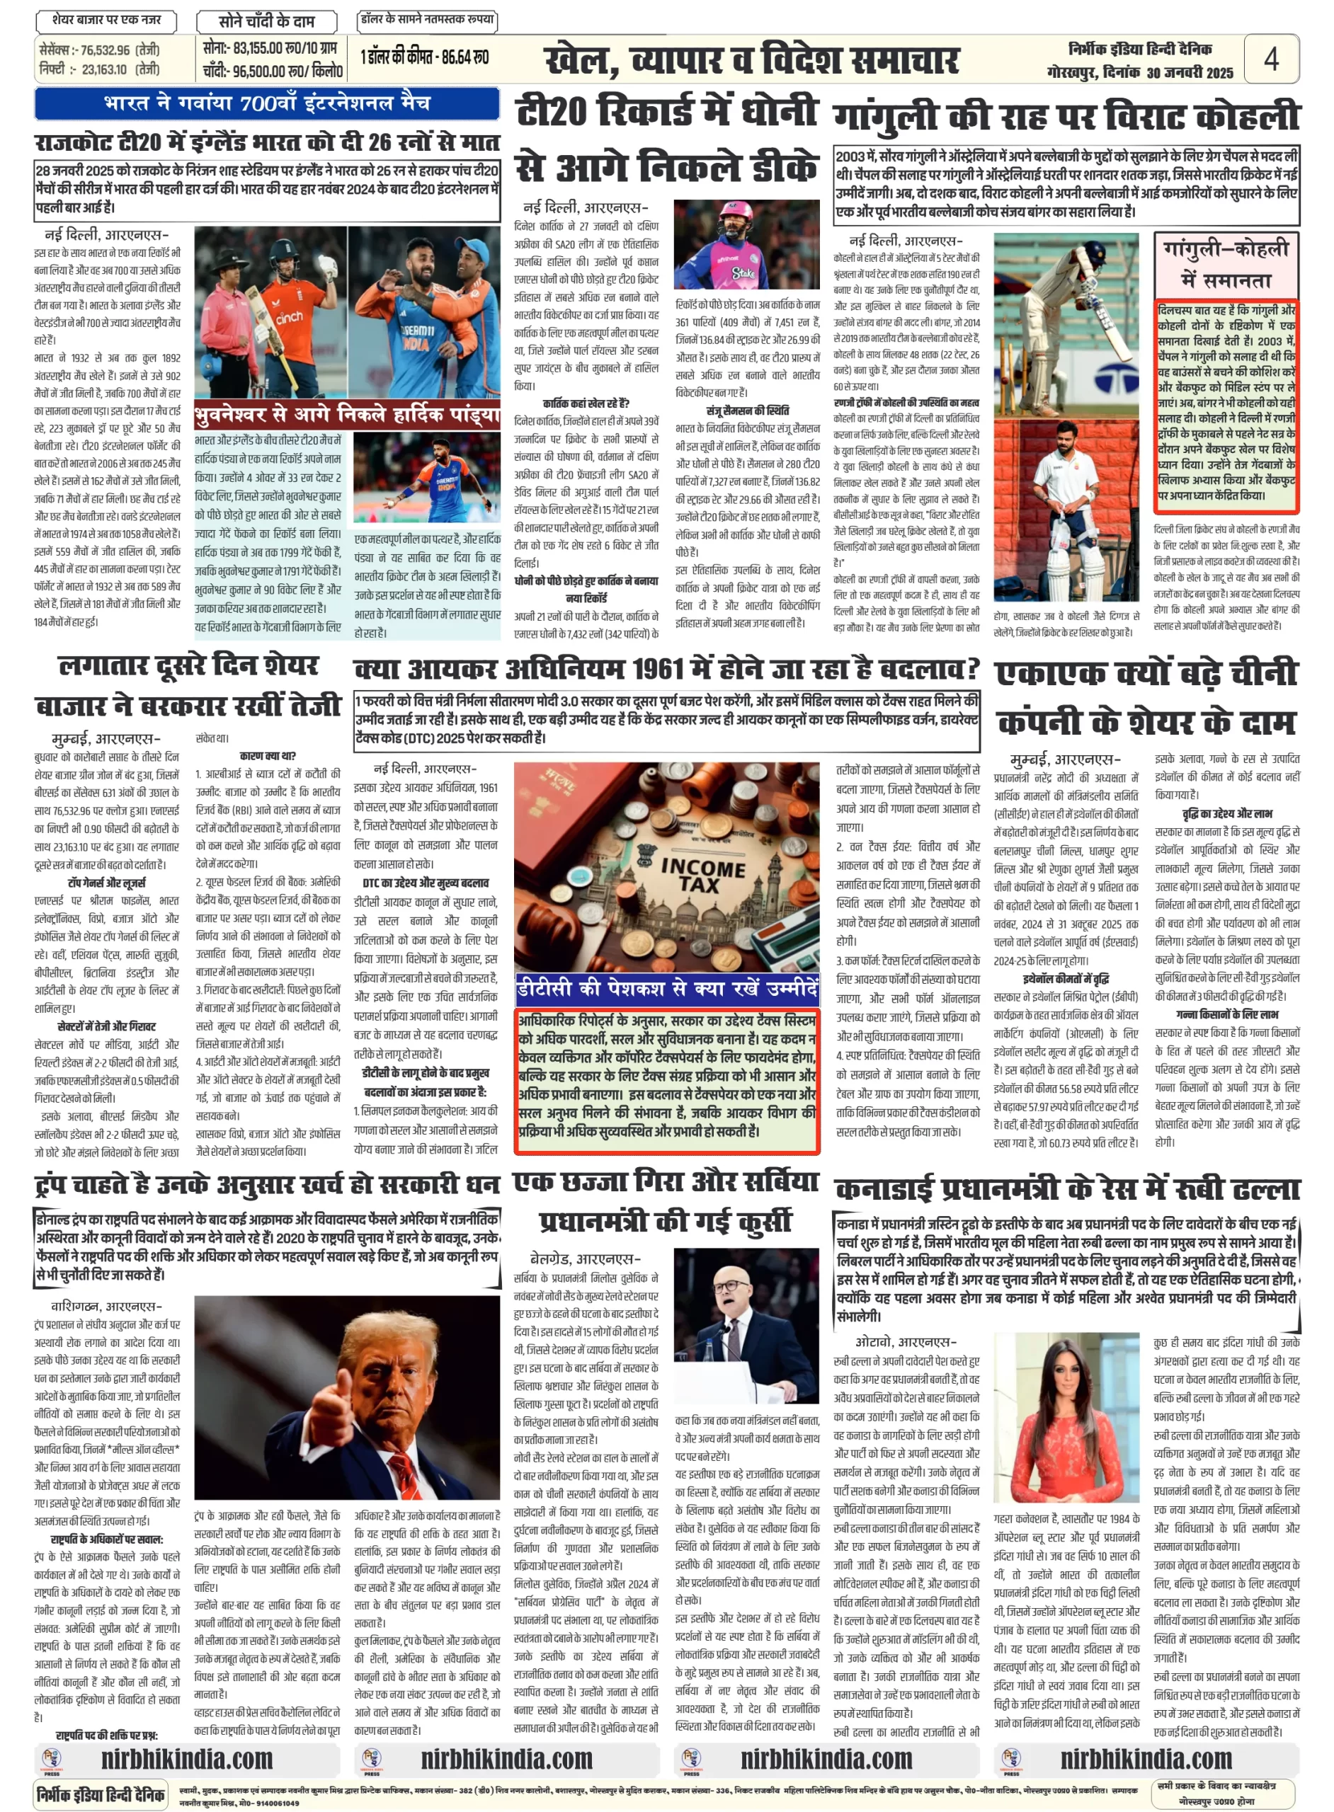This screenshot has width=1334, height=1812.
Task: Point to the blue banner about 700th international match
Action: pyautogui.click(x=266, y=103)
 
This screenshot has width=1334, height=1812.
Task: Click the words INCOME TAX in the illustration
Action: pyautogui.click(x=702, y=875)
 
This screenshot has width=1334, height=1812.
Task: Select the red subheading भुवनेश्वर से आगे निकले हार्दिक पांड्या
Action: pyautogui.click(x=347, y=415)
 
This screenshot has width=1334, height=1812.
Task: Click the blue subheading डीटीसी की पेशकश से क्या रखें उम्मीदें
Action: pyautogui.click(x=666, y=989)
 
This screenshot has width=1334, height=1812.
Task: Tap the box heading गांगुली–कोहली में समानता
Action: pyautogui.click(x=1226, y=264)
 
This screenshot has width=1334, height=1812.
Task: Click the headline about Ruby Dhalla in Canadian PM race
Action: pyautogui.click(x=1066, y=1188)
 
